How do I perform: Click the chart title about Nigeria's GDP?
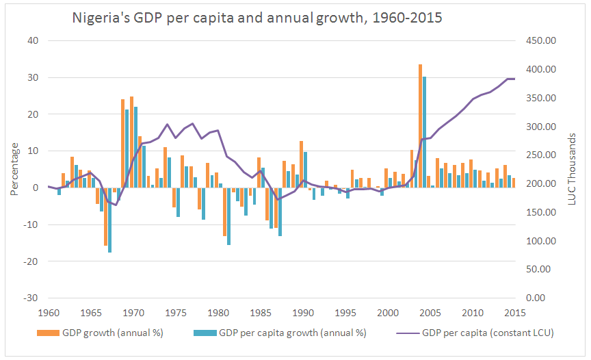pos(257,18)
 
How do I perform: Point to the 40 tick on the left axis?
pos(32,41)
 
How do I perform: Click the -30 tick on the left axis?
pos(31,298)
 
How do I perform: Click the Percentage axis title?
pos(14,169)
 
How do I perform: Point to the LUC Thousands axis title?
pos(575,169)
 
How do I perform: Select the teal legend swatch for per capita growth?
pos(209,334)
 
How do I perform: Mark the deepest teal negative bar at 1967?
pos(109,220)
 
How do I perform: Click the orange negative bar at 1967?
pos(105,216)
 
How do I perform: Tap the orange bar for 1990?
pos(301,164)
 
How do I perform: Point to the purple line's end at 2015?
pos(514,79)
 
